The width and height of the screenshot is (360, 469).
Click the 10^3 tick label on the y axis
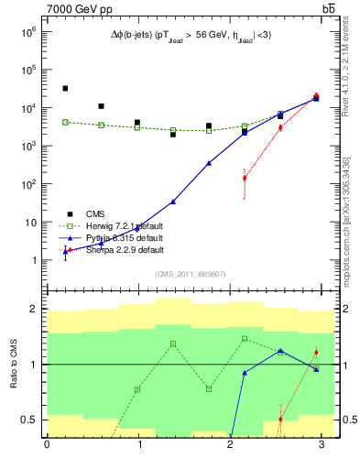pos(29,146)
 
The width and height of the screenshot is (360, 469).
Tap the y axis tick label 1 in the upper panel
pos(35,261)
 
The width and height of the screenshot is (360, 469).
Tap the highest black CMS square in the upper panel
pos(65,89)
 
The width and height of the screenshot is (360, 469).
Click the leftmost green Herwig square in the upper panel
pos(65,122)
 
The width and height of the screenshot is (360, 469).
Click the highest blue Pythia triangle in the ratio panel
pos(280,351)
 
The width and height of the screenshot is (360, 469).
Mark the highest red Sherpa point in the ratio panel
pos(316,352)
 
